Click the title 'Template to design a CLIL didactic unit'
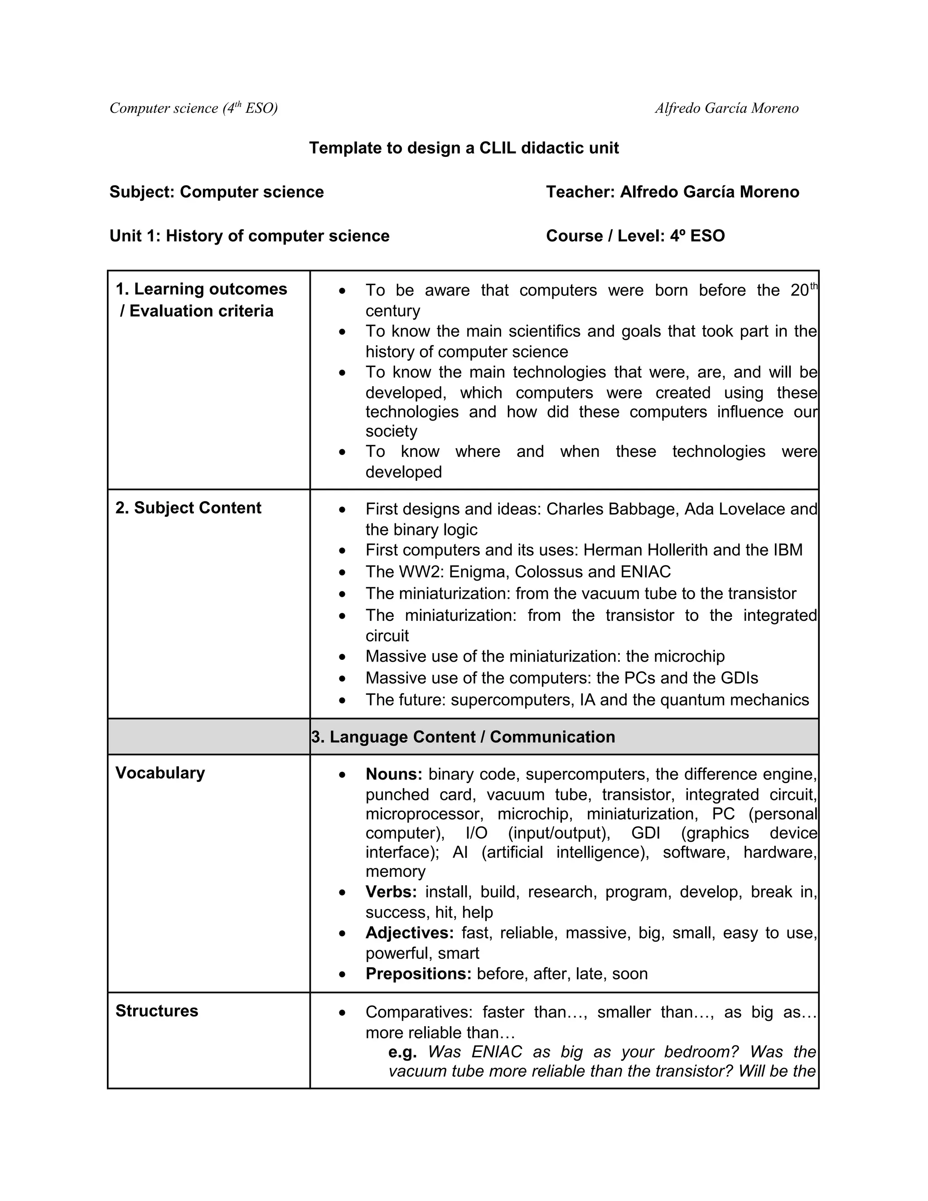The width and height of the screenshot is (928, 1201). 464,148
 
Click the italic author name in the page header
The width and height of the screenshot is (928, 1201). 726,108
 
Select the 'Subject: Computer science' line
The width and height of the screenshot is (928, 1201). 217,192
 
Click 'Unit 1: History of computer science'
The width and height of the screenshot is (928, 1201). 249,236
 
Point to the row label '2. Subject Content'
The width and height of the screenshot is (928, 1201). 188,508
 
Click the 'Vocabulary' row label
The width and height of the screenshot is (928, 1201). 160,773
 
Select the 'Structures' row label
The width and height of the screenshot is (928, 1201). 157,1011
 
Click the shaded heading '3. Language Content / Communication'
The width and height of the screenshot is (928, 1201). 463,737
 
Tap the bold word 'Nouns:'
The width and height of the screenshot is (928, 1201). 394,774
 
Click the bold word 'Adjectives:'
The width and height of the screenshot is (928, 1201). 410,933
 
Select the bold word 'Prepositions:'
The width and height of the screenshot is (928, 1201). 418,974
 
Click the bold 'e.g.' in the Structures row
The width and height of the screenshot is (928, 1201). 402,1052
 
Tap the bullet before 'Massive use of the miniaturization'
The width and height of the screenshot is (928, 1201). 343,657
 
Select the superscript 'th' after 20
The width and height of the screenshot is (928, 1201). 814,286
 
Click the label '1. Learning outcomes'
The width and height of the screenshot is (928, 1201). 201,289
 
